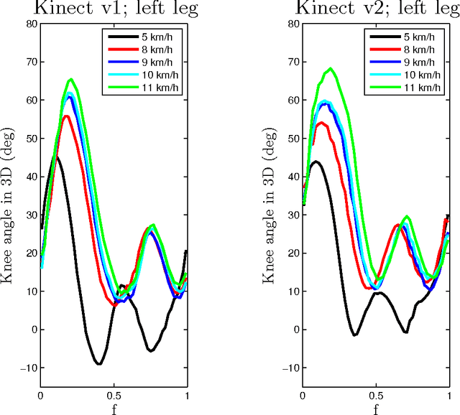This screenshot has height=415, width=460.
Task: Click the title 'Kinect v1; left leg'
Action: (114, 9)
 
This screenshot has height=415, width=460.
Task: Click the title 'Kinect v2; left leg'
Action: (376, 9)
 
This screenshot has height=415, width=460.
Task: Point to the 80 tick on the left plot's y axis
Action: (30, 24)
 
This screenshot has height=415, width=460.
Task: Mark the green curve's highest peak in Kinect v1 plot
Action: (70, 79)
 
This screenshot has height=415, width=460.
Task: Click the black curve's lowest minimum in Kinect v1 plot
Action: (99, 364)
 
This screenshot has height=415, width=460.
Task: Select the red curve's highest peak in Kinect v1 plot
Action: (66, 116)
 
